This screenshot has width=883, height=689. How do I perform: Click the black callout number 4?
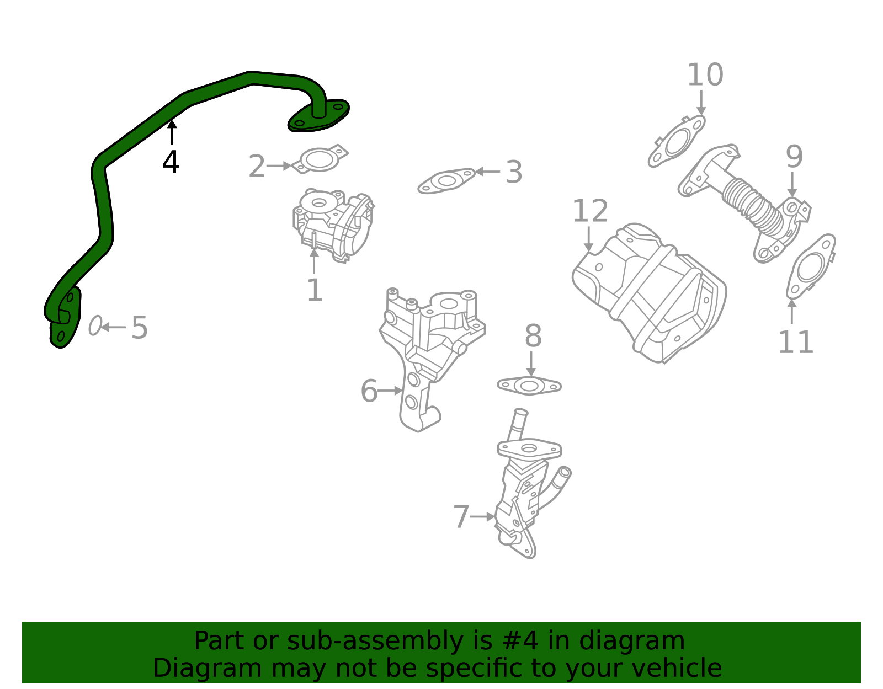(171, 163)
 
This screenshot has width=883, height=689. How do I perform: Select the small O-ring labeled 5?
(95, 326)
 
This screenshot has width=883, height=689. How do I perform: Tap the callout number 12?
(590, 211)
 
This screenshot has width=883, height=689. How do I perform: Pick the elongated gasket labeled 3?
(446, 181)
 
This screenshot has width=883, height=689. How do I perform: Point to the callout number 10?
(705, 75)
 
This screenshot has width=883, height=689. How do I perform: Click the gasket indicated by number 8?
(529, 386)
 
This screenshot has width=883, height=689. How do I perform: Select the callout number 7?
(461, 517)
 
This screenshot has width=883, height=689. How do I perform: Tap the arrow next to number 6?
(391, 391)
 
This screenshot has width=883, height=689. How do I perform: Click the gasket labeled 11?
(810, 268)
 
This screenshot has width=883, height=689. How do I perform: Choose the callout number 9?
(794, 157)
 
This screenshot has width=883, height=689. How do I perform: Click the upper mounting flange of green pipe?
(319, 116)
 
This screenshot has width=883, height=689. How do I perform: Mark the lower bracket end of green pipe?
(64, 320)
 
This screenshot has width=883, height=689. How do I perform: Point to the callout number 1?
(314, 291)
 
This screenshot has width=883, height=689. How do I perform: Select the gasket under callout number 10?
(676, 143)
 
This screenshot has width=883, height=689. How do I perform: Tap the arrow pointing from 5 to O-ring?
(113, 327)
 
